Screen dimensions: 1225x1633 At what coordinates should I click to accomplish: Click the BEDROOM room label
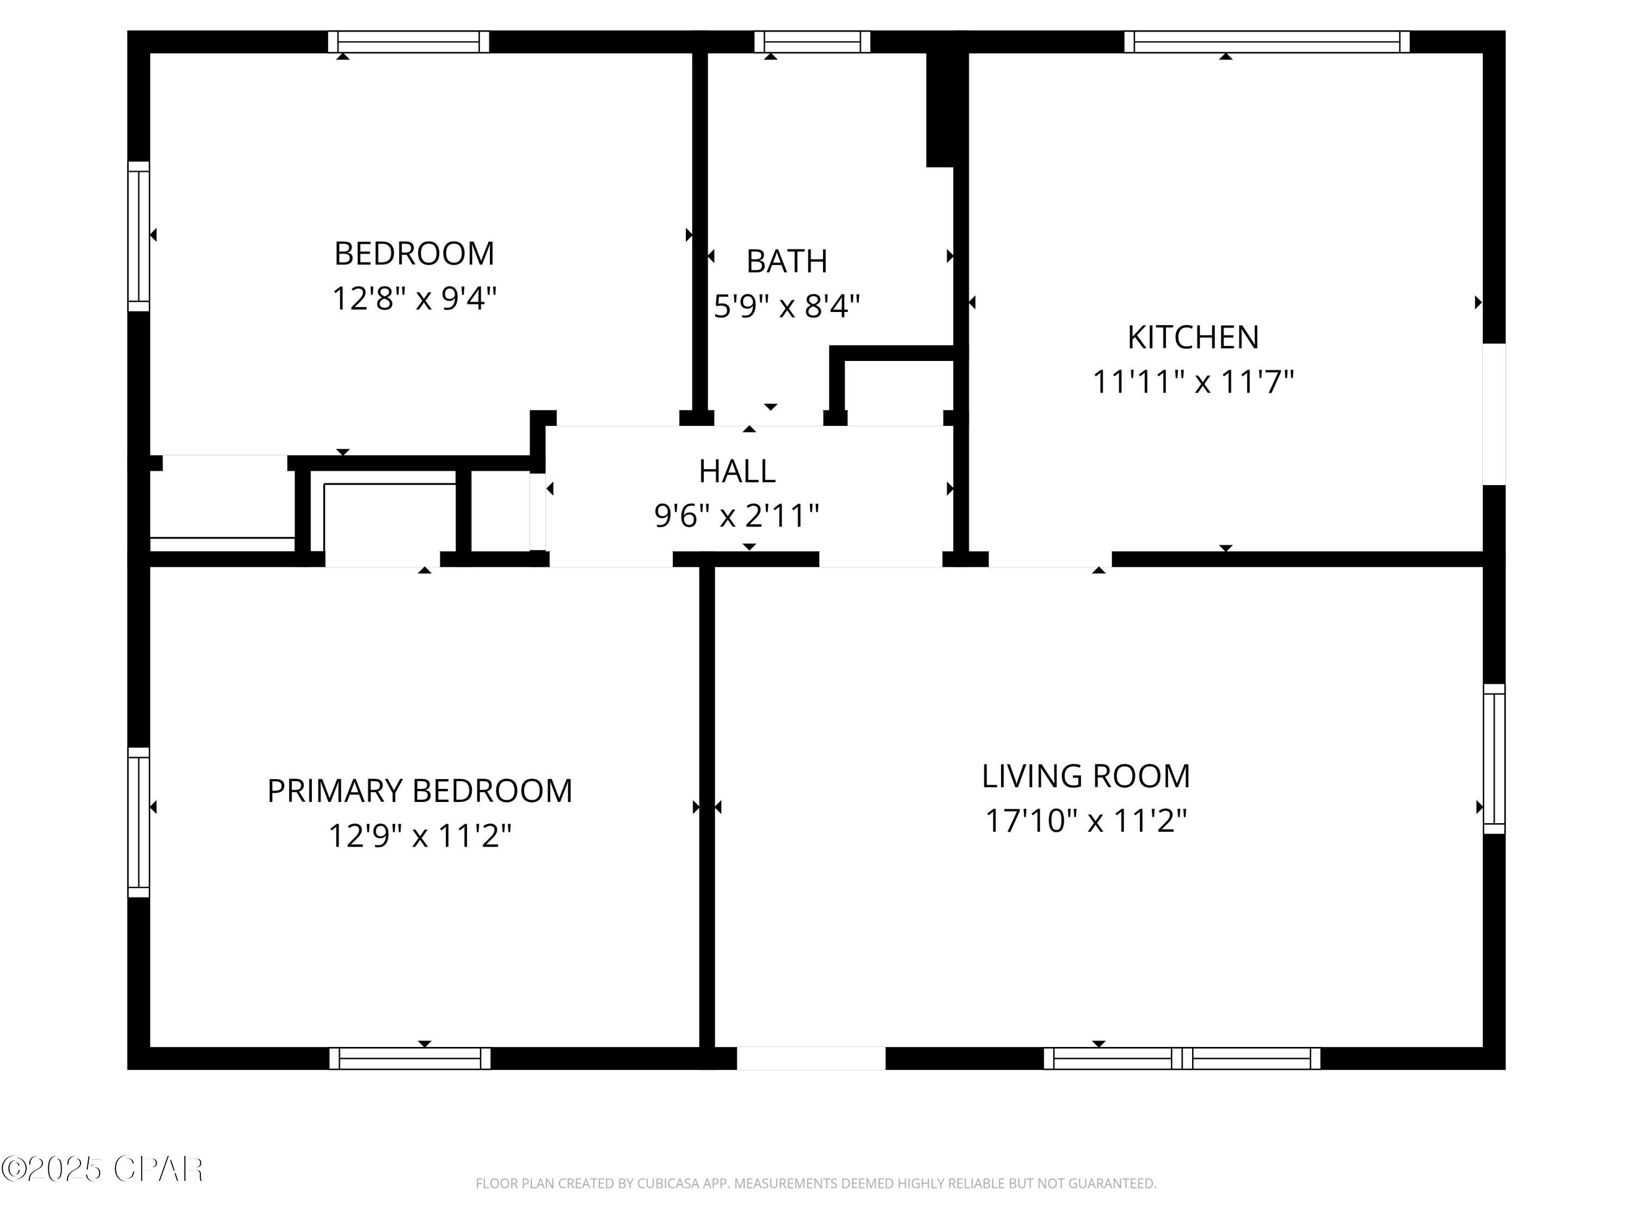click(x=414, y=254)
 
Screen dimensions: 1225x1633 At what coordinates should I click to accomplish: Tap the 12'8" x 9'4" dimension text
click(x=414, y=299)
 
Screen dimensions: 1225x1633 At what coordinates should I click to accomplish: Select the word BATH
click(x=787, y=261)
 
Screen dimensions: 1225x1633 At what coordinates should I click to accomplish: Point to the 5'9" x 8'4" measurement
click(x=787, y=305)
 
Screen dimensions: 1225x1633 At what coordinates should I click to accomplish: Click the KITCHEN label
click(x=1193, y=338)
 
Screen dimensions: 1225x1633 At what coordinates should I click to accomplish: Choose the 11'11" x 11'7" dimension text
click(x=1193, y=383)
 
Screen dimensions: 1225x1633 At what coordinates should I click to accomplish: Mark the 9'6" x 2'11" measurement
click(x=737, y=516)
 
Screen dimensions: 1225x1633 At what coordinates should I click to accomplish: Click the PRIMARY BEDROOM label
click(x=419, y=791)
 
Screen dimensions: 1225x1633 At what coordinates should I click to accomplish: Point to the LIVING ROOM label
click(x=1086, y=776)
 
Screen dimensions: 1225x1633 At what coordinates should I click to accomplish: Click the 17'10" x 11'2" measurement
click(x=1086, y=821)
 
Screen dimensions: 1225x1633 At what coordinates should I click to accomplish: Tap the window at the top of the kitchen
click(x=1267, y=42)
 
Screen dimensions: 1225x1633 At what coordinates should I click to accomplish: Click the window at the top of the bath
click(x=812, y=42)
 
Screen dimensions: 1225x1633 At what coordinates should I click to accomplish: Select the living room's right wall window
click(x=1494, y=759)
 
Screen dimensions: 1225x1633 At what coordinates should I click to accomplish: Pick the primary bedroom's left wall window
click(x=139, y=823)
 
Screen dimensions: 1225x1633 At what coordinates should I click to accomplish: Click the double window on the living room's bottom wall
click(x=1182, y=1058)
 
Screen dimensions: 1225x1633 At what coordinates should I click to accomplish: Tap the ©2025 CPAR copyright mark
click(x=102, y=1169)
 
